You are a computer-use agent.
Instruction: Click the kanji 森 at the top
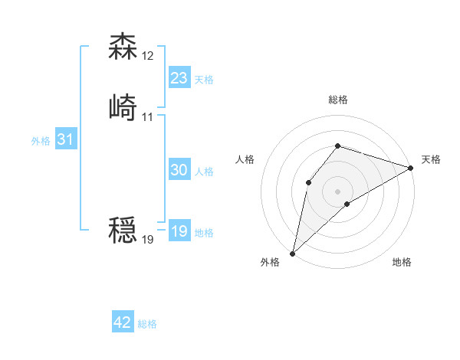(x=123, y=47)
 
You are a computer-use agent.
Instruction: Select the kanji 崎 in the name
(x=123, y=108)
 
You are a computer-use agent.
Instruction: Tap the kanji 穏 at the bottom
(x=123, y=231)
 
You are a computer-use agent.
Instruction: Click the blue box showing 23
(x=179, y=78)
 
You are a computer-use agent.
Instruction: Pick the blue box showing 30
(x=179, y=171)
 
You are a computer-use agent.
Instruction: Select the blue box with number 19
(x=179, y=231)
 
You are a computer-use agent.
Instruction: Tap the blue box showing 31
(x=66, y=140)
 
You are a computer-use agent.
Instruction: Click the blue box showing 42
(x=123, y=322)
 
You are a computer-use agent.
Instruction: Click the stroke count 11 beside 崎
(x=147, y=116)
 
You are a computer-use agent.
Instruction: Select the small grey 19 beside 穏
(x=148, y=240)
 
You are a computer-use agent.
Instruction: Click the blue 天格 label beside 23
(x=204, y=80)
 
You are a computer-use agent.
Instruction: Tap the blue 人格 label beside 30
(x=204, y=172)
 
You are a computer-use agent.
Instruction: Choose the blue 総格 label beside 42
(x=147, y=324)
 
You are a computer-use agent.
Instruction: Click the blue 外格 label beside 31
(x=41, y=141)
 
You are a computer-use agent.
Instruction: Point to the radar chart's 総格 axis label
(x=338, y=100)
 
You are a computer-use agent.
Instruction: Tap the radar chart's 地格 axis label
(x=402, y=263)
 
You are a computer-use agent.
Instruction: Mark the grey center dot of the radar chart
(x=337, y=191)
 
